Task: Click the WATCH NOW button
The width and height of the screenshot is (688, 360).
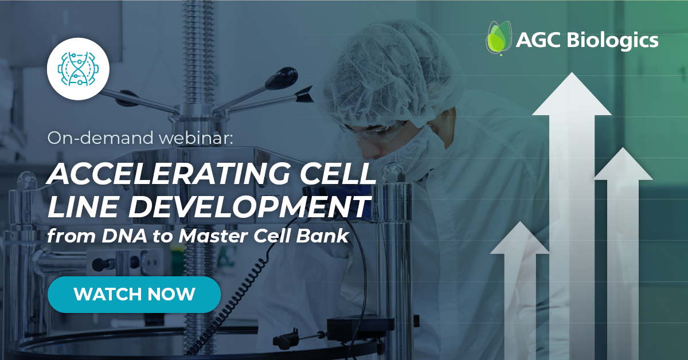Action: click(134, 295)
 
